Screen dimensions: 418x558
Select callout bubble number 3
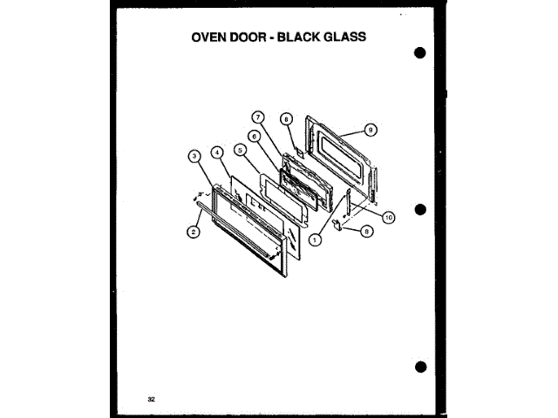coord(194,156)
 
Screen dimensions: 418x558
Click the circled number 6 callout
coord(253,136)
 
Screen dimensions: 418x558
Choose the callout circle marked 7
coord(259,118)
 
